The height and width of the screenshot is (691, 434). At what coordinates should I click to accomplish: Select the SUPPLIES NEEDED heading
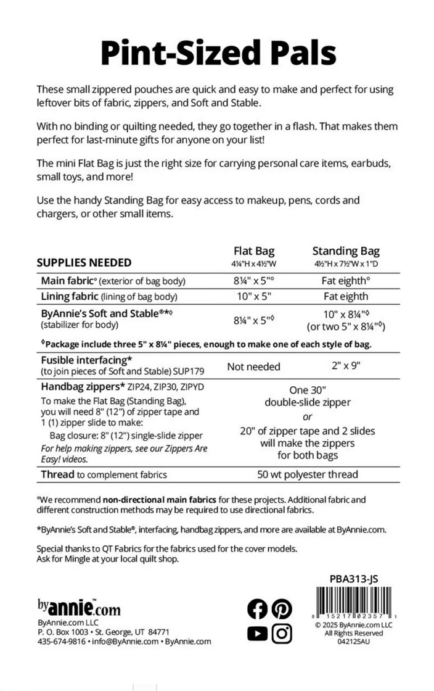click(84, 263)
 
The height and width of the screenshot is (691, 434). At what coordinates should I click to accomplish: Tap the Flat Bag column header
click(254, 251)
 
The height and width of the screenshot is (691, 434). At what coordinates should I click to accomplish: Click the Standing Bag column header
click(346, 251)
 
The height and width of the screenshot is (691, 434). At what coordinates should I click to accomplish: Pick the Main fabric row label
click(67, 281)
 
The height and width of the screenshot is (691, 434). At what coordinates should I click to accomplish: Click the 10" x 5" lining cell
click(254, 297)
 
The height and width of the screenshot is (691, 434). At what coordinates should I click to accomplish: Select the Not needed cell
click(253, 366)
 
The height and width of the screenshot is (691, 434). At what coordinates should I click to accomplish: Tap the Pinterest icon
click(282, 609)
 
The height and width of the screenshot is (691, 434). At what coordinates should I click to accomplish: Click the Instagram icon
click(282, 633)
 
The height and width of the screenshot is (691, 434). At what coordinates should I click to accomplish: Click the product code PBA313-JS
click(353, 579)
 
